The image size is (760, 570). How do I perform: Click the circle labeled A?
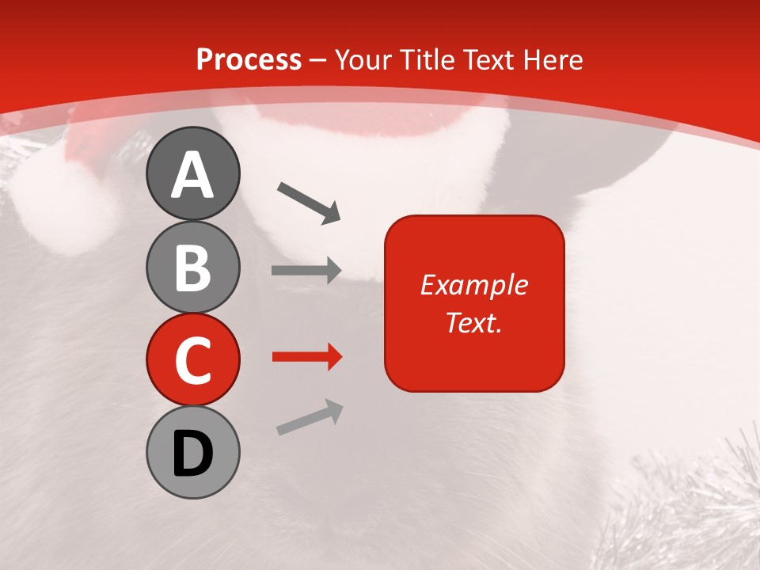tap(192, 173)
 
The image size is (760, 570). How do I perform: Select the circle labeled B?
tap(192, 267)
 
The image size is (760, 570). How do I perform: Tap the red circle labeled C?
tap(192, 359)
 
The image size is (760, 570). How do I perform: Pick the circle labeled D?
tap(192, 453)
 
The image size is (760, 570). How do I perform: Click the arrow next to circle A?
tap(309, 203)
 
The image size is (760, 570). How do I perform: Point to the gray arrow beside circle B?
tap(306, 271)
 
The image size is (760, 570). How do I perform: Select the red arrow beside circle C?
tap(306, 357)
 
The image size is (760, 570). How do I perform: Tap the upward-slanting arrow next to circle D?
tap(310, 417)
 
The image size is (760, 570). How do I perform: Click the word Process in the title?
tap(249, 60)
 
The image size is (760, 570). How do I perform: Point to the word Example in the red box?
tap(473, 285)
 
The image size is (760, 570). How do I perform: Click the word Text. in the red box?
tap(473, 322)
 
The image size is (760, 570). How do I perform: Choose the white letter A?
tap(192, 175)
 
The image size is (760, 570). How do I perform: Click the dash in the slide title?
tap(318, 60)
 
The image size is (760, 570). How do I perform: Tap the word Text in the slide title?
tap(484, 60)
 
